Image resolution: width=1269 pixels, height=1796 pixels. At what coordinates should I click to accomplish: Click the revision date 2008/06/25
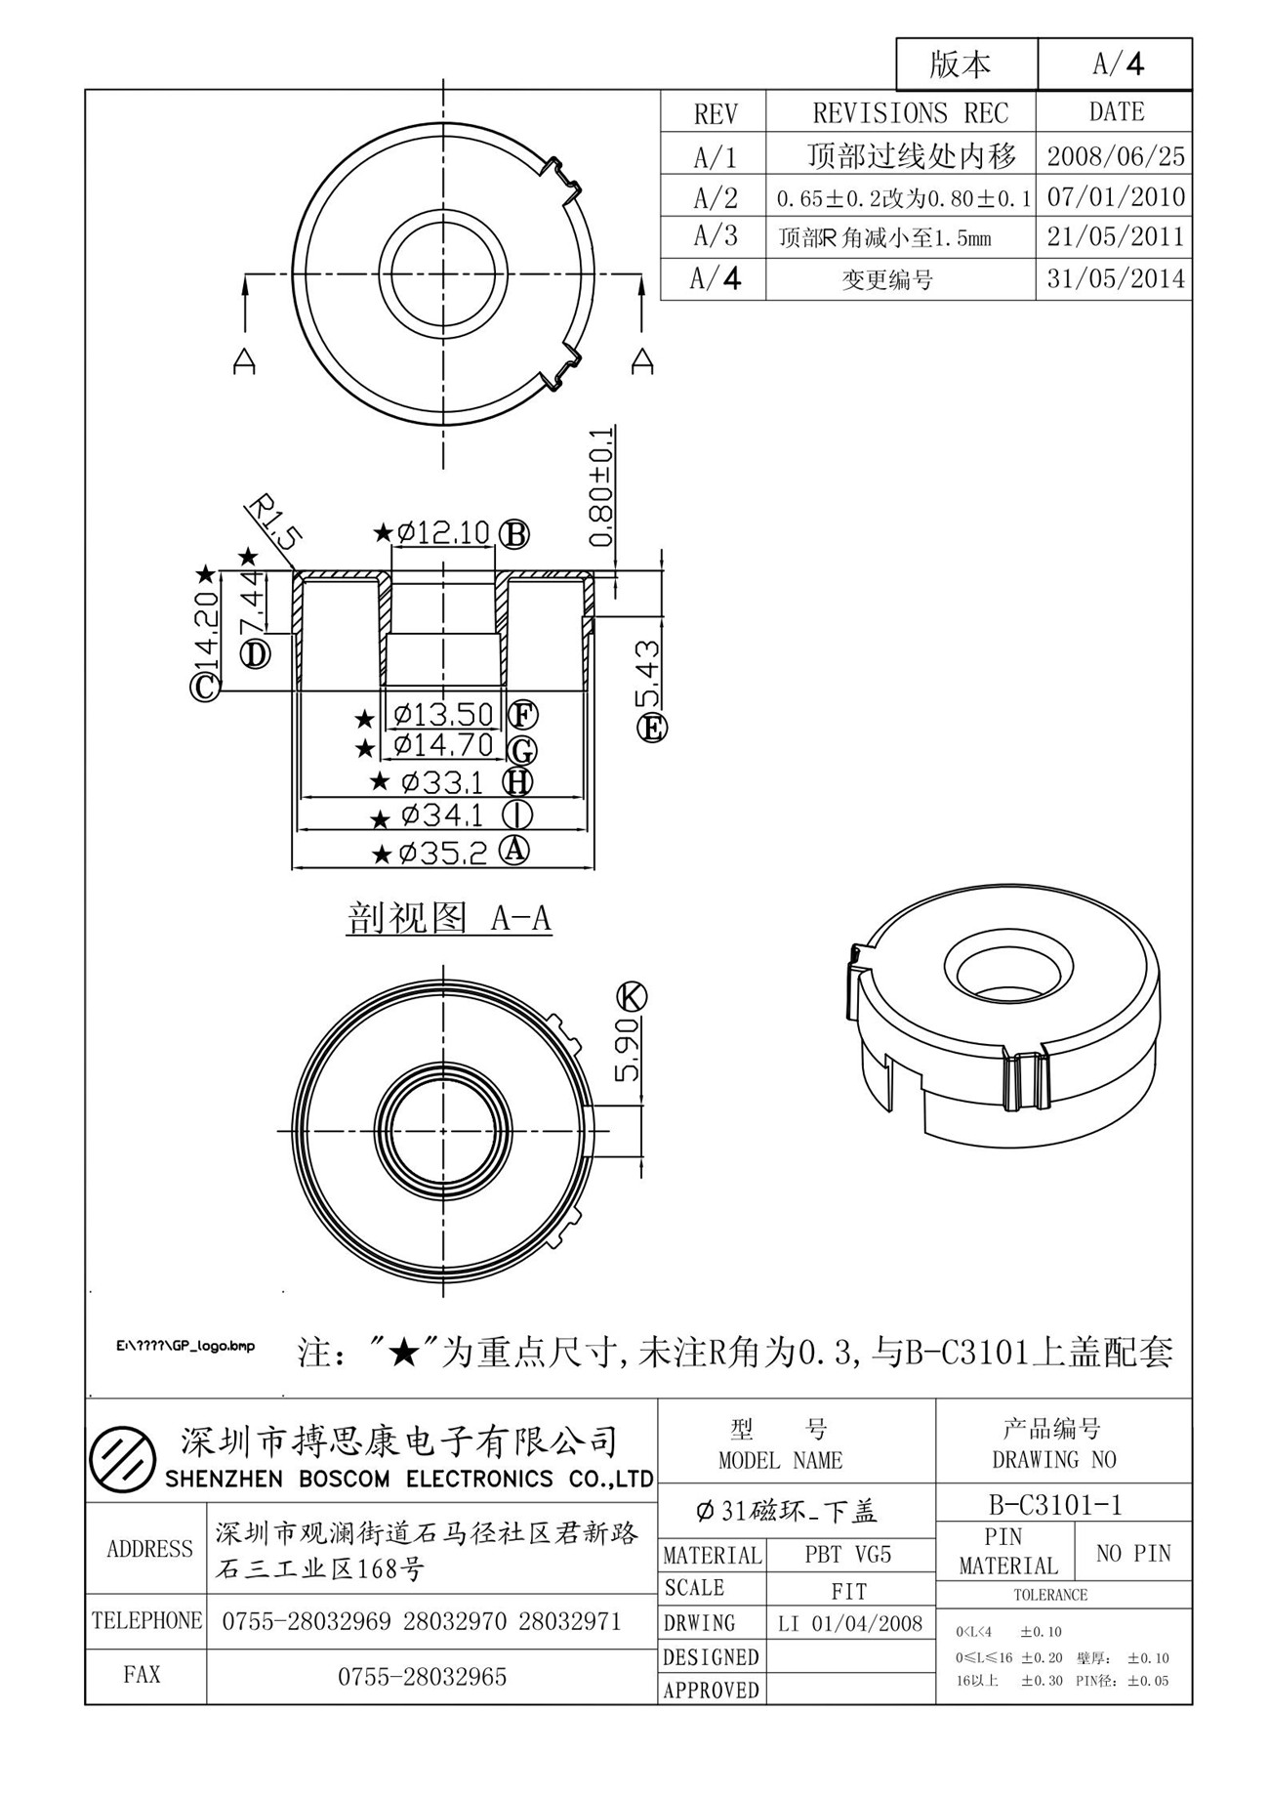tap(1116, 155)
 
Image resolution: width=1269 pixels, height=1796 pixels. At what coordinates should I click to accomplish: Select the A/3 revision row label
tap(715, 236)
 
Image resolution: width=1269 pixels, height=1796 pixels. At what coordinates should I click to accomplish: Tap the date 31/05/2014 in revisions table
tap(1116, 279)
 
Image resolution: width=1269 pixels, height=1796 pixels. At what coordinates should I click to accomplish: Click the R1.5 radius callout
tap(272, 522)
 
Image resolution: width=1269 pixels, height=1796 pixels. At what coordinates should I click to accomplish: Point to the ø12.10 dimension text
tap(443, 533)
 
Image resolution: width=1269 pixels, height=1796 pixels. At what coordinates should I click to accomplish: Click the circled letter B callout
tap(514, 534)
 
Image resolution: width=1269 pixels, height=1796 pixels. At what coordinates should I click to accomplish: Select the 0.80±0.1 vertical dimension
tap(601, 486)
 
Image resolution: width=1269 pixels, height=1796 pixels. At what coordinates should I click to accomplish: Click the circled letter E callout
tap(652, 727)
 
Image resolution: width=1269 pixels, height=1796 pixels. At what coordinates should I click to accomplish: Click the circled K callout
tap(632, 996)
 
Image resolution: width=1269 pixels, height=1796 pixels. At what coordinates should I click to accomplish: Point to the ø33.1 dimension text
tap(441, 782)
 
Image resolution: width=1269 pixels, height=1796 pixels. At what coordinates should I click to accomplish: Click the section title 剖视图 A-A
tap(449, 918)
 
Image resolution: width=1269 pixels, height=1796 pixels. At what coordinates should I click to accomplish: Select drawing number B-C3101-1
tap(1055, 1505)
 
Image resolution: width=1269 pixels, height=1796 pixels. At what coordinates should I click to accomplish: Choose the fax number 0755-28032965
tap(423, 1677)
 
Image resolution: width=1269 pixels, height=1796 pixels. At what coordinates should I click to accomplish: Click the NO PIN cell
tap(1132, 1553)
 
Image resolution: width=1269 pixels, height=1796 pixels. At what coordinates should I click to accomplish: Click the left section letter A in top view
tap(244, 360)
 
